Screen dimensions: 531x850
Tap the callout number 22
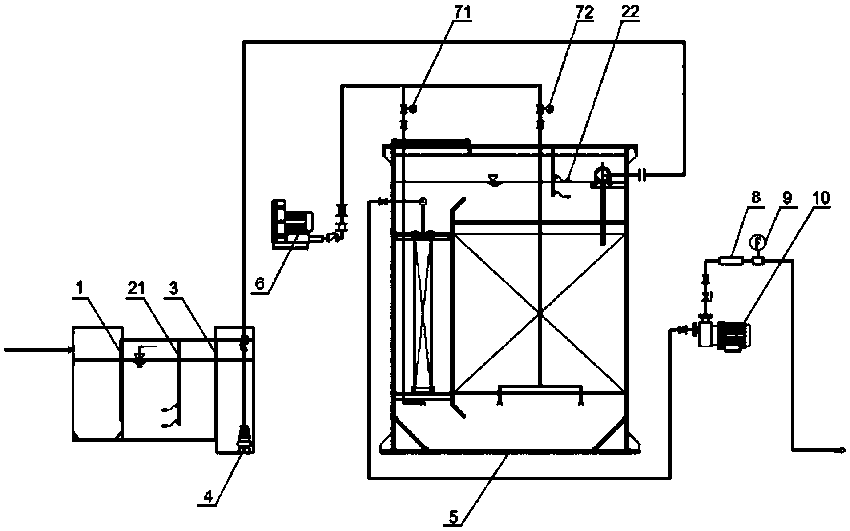tap(630, 12)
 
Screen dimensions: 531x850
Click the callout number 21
tap(136, 289)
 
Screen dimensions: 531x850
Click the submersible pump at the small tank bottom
tap(244, 438)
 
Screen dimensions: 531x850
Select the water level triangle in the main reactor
tap(493, 180)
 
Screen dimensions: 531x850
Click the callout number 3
tap(174, 289)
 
